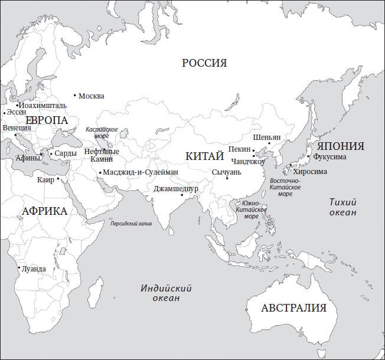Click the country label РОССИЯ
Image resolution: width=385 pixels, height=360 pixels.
(204, 63)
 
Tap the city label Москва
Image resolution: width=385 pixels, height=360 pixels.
(91, 96)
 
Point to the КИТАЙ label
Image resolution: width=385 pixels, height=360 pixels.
(204, 156)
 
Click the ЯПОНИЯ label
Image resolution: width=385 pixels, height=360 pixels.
(340, 146)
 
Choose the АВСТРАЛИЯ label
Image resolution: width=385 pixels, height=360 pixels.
(293, 308)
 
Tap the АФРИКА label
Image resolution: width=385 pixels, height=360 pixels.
(44, 211)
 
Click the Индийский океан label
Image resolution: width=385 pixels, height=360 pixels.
(167, 293)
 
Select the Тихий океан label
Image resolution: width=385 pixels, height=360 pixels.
(342, 207)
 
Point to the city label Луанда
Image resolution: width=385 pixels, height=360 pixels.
(34, 269)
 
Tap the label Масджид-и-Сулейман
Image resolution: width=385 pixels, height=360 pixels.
(141, 172)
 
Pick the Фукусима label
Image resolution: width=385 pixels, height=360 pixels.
(330, 158)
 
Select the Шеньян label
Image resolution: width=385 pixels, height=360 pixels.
(266, 136)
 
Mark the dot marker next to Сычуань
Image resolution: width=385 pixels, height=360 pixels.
(227, 178)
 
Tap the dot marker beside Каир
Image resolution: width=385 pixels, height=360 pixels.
(59, 179)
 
